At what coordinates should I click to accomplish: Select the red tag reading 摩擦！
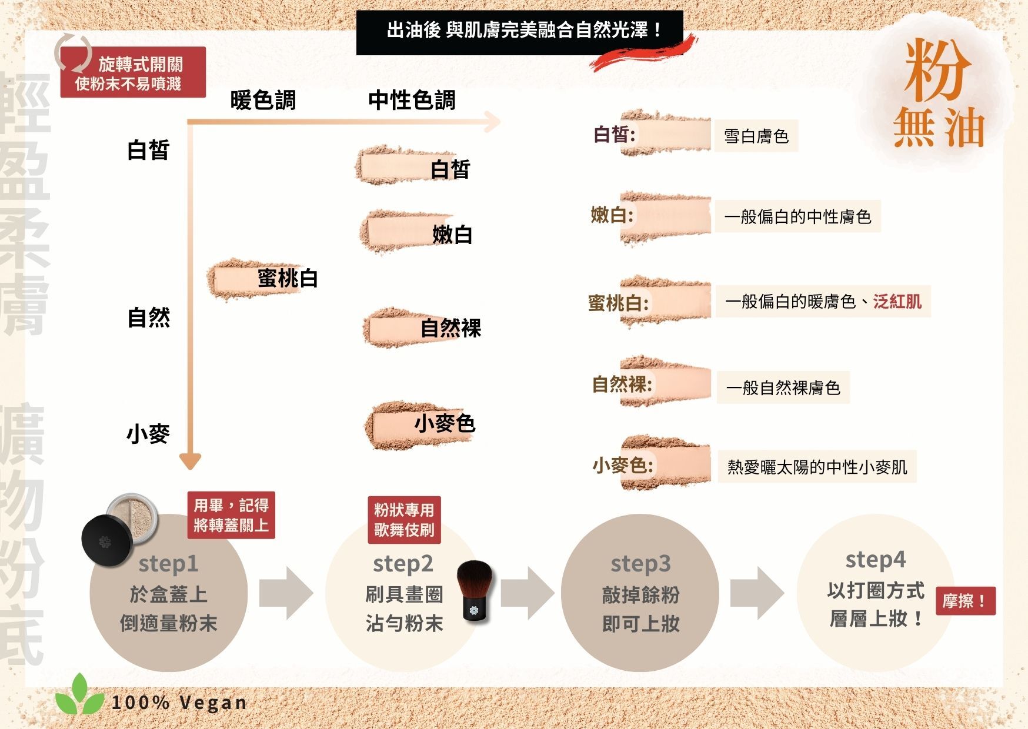click(x=965, y=601)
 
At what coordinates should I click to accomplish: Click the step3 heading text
click(x=640, y=563)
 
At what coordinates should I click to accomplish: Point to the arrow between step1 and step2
click(x=286, y=593)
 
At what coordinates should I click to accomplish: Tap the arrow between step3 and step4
click(x=757, y=593)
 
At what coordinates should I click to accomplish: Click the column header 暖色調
click(x=263, y=101)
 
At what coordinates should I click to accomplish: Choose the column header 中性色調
click(x=412, y=101)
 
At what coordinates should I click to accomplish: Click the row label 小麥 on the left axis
click(x=148, y=434)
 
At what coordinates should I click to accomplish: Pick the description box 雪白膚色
click(x=756, y=136)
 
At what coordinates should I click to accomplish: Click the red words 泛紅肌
click(x=897, y=302)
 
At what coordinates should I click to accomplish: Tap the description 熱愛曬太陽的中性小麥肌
click(x=817, y=467)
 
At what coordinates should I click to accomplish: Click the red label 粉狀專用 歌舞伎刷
click(x=404, y=520)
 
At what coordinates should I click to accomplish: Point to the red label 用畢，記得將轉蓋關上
click(x=231, y=515)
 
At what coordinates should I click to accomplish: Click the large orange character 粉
click(x=938, y=71)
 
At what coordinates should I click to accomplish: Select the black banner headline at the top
click(x=520, y=32)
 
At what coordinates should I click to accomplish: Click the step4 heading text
click(x=875, y=559)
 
